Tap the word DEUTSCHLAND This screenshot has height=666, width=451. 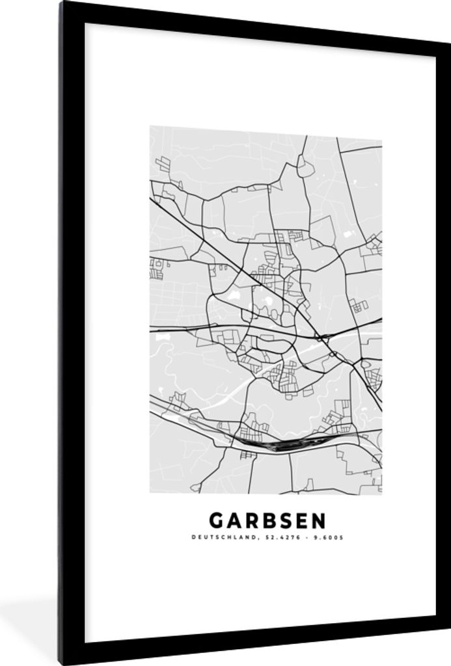(x=219, y=537)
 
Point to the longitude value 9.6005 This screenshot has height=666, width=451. (x=327, y=537)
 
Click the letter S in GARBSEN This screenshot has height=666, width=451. (x=279, y=520)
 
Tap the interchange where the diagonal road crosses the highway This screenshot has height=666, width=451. (x=320, y=336)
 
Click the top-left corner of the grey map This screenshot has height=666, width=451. (x=150, y=127)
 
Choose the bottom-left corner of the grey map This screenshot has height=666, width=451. (x=150, y=492)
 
